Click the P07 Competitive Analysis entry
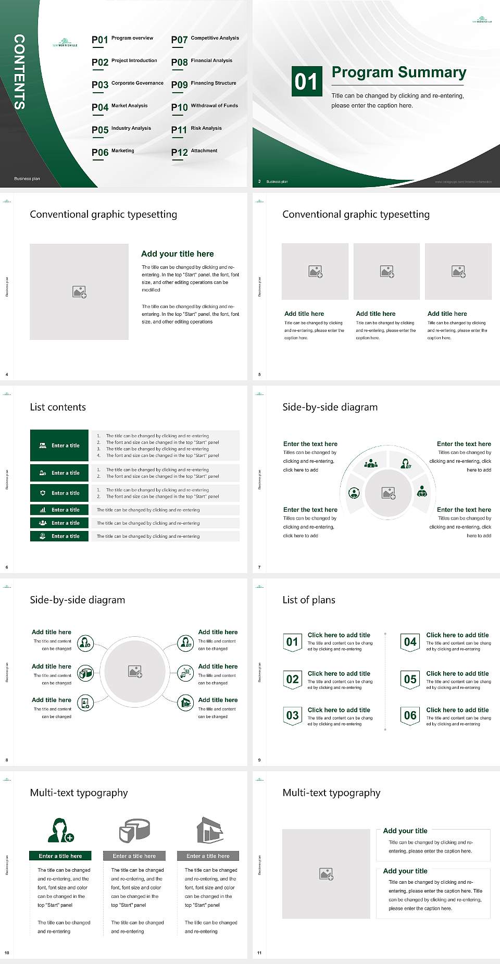coord(205,39)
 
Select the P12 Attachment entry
coord(194,152)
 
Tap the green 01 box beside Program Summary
coord(306,81)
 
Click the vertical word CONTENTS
coord(19,72)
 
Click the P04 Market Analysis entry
coord(119,107)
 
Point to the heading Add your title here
coord(177,254)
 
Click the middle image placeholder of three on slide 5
coord(386,271)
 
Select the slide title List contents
coord(58,407)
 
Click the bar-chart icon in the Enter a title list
coord(43,510)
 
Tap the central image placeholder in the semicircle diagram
coord(388,492)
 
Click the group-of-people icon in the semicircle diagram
coord(371,463)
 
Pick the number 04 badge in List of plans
coord(410,642)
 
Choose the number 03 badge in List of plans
coord(292,715)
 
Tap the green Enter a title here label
coord(60,856)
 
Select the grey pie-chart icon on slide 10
coord(134,830)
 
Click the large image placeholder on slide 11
coord(326,874)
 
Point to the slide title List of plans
coord(309,600)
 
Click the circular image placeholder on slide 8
coord(135,671)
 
